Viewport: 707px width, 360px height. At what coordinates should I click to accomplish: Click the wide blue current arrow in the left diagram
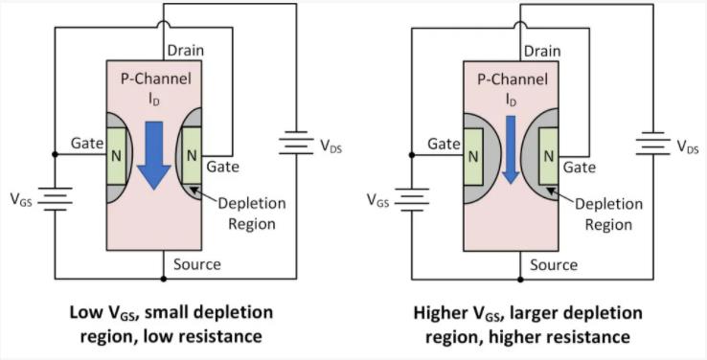(x=154, y=155)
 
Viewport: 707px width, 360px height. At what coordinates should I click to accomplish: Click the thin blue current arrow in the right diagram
(x=511, y=149)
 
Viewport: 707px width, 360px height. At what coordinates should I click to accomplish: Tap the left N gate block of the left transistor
(x=116, y=156)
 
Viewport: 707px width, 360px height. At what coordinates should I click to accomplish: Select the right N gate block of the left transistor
(x=192, y=156)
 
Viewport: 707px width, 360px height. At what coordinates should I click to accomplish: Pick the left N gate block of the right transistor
(x=473, y=156)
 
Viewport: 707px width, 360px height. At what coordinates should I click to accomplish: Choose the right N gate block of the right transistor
(x=549, y=156)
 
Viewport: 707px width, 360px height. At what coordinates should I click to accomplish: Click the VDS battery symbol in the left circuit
(x=296, y=143)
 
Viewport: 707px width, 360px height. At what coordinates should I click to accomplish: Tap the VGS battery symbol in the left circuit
(x=55, y=199)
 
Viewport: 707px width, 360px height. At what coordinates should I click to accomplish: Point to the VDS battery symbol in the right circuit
(x=653, y=144)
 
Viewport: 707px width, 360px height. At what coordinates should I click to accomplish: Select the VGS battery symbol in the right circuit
(x=412, y=199)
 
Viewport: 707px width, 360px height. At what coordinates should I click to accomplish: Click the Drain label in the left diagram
(x=185, y=51)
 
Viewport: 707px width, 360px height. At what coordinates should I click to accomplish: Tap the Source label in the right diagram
(x=554, y=265)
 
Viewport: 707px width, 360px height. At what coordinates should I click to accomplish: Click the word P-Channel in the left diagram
(x=156, y=79)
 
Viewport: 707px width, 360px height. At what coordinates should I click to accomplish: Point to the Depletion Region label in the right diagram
(x=608, y=214)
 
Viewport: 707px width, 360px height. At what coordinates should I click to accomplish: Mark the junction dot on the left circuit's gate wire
(x=55, y=154)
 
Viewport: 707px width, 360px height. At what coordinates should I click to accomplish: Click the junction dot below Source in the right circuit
(x=520, y=280)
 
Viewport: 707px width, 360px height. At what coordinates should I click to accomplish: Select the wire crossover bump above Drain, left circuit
(x=163, y=23)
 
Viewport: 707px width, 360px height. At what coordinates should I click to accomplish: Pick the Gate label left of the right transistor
(x=444, y=145)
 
